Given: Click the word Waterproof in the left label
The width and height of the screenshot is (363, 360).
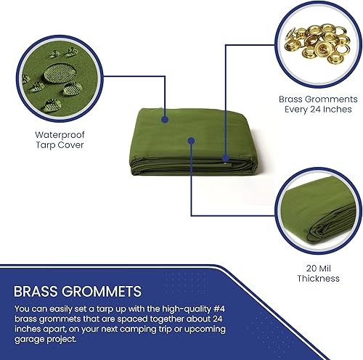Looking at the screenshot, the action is [x=60, y=135].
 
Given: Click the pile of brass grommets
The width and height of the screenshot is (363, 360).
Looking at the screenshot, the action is [x=317, y=43].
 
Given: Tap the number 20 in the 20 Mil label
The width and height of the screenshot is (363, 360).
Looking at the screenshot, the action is [x=311, y=269].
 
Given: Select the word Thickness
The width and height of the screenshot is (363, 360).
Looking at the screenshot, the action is [x=318, y=279].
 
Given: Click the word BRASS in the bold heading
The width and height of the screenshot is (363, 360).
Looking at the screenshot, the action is [x=36, y=291].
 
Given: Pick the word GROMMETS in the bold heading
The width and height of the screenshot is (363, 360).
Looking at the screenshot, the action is [x=101, y=291].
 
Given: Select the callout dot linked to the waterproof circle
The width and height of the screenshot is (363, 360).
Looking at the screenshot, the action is [x=165, y=119].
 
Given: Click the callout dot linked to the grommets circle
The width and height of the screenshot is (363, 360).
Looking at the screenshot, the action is [x=226, y=158].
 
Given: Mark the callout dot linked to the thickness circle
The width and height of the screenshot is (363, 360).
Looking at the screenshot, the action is [x=191, y=141].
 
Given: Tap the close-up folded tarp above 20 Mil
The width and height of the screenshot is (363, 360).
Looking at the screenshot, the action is [x=317, y=210].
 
